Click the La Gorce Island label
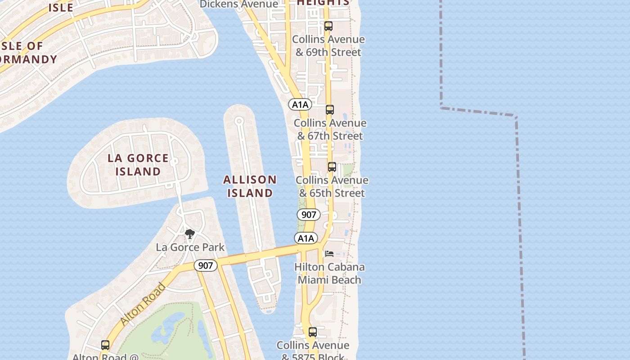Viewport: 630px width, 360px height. pos(138,165)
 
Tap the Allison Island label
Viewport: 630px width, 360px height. pos(250,186)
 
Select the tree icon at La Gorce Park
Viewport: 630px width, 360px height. pos(190,234)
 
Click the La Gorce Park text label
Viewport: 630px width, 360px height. pos(190,247)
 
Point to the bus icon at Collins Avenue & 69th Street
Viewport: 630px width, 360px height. pos(328,26)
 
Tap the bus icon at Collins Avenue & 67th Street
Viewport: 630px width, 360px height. pos(330,110)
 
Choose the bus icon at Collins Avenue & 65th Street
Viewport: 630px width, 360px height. pos(332,167)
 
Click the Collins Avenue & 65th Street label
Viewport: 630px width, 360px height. pos(332,186)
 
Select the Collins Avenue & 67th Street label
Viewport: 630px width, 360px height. pos(330,129)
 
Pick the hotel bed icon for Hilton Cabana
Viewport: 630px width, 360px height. pos(329,254)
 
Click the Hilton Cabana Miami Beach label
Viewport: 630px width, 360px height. pos(329,273)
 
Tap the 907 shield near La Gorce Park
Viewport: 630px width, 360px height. pos(206,265)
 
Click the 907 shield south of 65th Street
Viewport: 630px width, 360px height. pos(309,215)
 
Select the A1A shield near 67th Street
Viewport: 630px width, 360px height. pos(300,105)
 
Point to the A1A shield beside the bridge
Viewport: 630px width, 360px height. pos(306,238)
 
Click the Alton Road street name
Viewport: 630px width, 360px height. pos(144,304)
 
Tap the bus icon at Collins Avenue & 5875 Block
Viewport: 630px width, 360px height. pos(313,333)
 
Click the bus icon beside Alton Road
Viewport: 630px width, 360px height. pos(105,345)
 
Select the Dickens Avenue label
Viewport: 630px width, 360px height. pos(239,4)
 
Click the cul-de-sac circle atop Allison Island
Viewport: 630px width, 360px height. pos(239,121)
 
